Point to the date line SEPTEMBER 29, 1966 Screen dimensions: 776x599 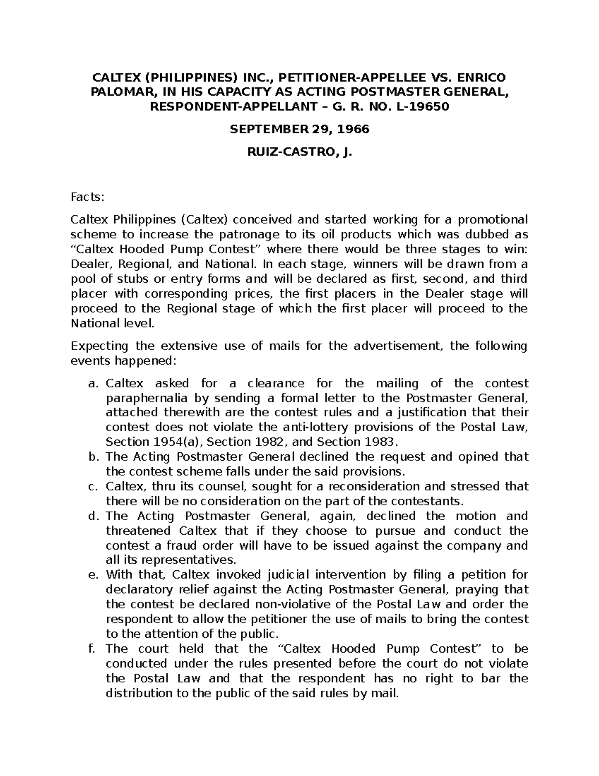click(299, 129)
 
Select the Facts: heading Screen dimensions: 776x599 click(88, 197)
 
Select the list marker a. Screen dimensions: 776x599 click(91, 384)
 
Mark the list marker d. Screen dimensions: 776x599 click(92, 516)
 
